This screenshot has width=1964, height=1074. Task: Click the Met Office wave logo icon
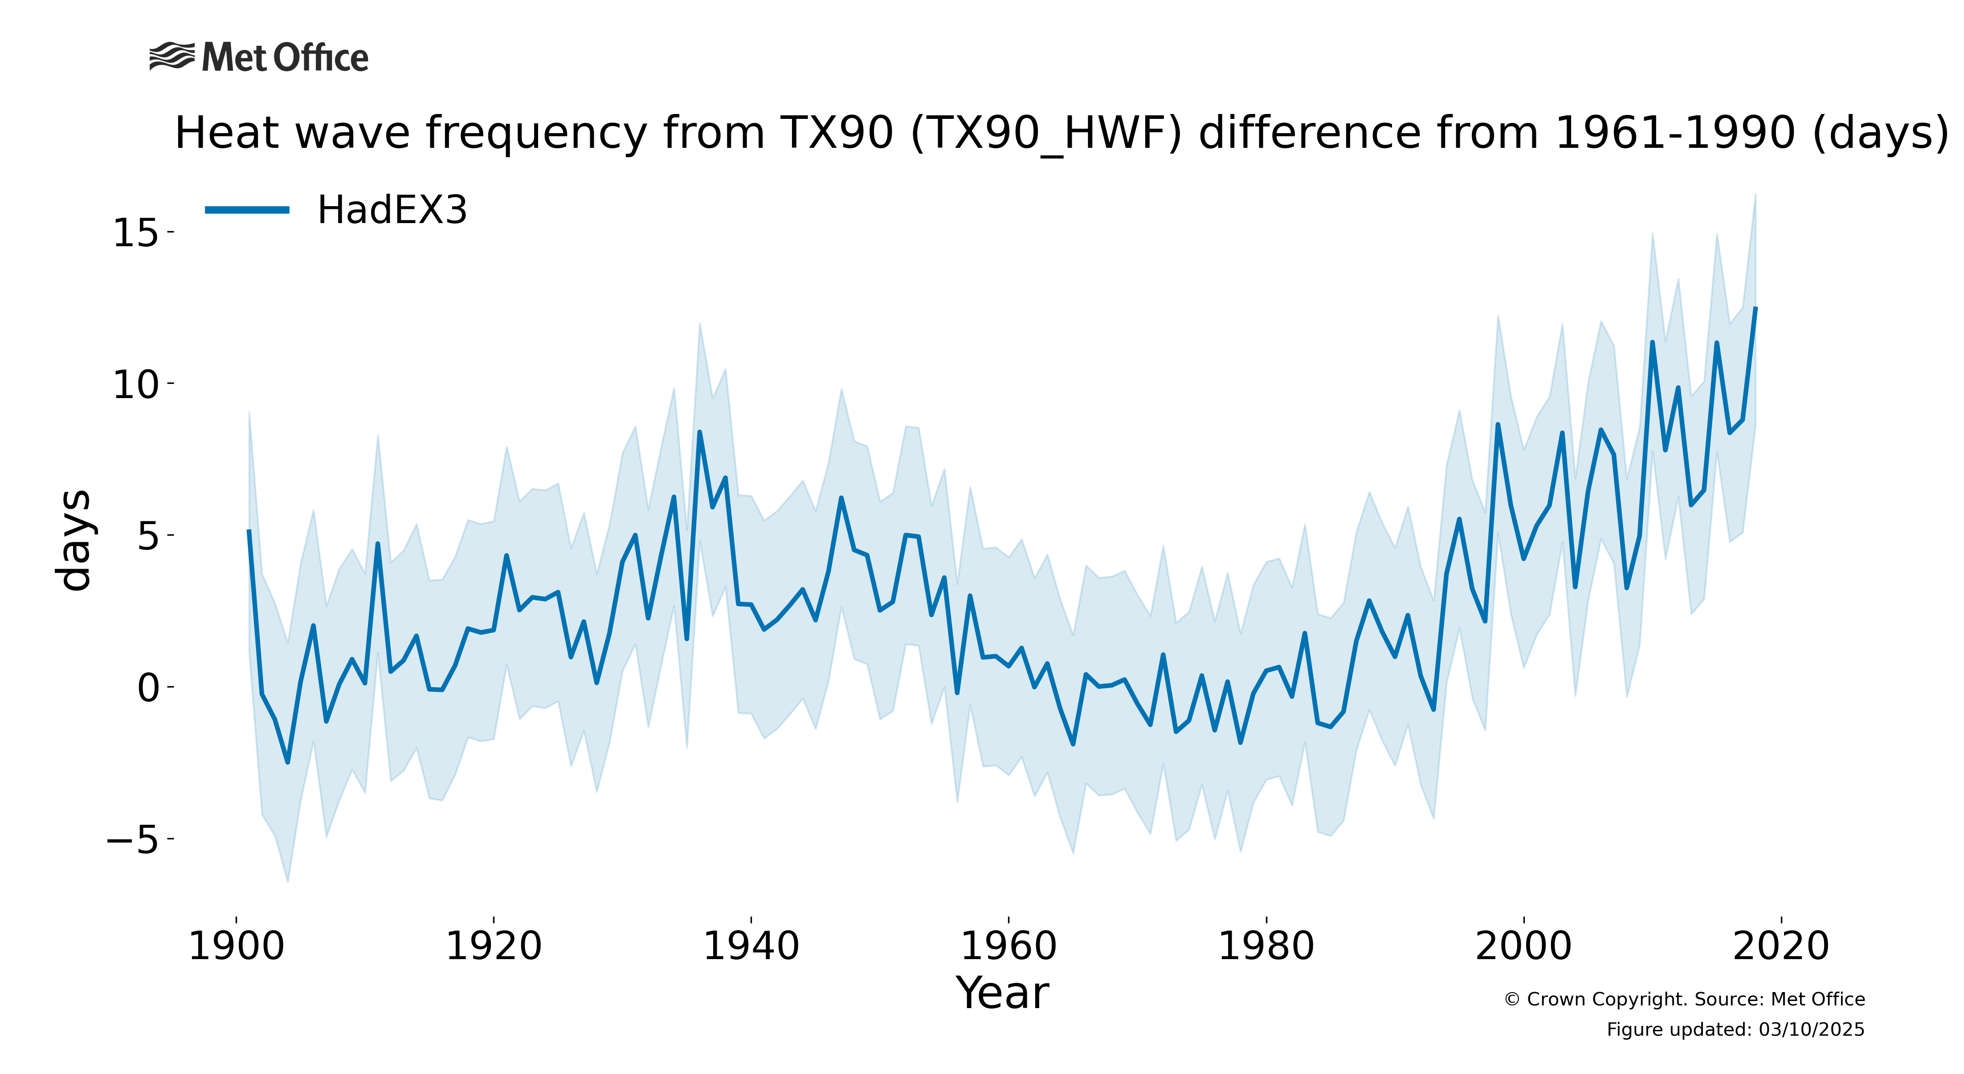171,57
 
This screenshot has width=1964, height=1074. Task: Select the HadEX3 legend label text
392,210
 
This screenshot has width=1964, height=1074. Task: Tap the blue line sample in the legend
247,210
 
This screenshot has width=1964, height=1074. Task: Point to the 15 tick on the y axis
136,232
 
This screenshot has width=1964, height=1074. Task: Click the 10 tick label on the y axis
136,384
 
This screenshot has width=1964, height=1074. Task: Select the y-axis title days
75,540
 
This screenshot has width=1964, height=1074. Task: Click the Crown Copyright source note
1685,999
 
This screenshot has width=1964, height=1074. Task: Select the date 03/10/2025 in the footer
1812,1030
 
